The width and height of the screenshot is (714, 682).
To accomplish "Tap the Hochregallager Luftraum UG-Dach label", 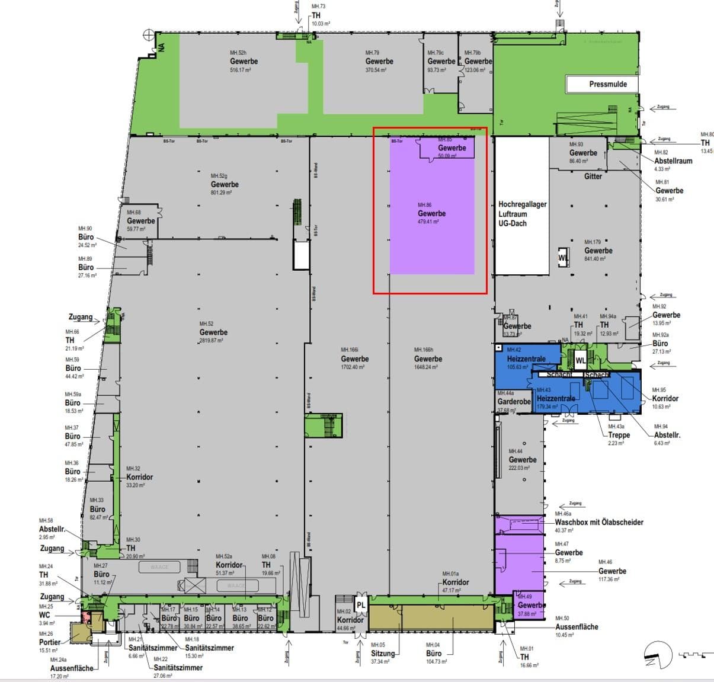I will pos(522,213).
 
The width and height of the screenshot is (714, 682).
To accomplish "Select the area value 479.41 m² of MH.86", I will pos(428,222).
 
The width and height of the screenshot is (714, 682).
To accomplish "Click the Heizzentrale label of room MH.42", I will pos(526,359).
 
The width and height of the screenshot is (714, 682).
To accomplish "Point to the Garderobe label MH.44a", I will pos(514,402).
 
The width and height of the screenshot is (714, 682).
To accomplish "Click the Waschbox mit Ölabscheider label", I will pos(598,523).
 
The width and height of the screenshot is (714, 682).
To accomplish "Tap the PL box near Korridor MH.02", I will pos(361,605).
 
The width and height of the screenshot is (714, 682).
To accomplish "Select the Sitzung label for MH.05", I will pos(382,654).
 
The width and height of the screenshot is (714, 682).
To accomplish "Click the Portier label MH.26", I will pos(50,642).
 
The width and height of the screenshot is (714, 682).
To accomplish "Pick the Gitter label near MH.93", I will pos(593,177).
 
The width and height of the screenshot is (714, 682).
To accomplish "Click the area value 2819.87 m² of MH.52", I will pos(213,341).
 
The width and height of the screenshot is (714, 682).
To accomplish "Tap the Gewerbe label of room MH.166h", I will pos(428,359).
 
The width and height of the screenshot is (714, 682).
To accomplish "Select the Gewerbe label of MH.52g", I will pos(225,184).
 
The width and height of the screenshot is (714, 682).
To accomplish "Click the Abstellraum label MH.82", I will pos(673,161).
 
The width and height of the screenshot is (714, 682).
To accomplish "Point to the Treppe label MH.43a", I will pos(619,435).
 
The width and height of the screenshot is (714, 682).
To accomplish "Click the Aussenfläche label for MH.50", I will pos(577,627).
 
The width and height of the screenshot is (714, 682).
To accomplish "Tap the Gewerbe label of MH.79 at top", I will pos(379,62).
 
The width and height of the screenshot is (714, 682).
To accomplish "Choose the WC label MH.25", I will pos(44,615).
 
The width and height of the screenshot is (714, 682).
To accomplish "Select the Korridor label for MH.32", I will pos(140,477).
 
